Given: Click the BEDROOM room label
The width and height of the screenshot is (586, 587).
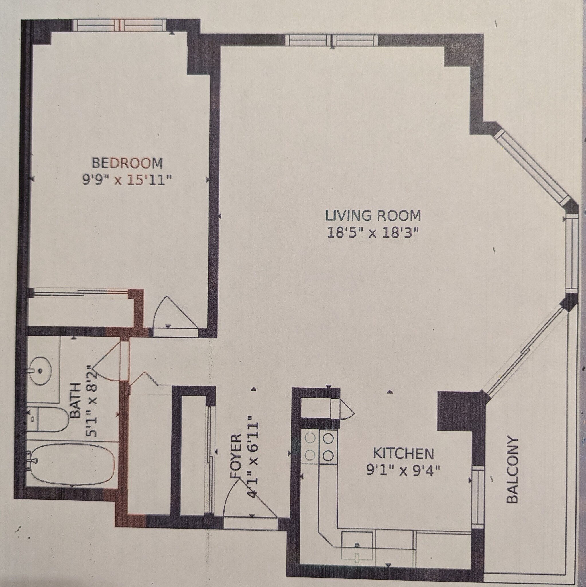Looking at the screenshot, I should point(127,163).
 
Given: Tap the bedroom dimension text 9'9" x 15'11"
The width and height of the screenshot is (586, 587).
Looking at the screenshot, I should point(127,181).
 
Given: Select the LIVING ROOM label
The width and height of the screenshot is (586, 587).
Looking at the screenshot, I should point(373,216).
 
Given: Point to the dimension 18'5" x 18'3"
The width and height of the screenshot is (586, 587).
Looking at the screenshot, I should point(373,233).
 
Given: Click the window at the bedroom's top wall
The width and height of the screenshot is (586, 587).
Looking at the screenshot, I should point(120,25).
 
